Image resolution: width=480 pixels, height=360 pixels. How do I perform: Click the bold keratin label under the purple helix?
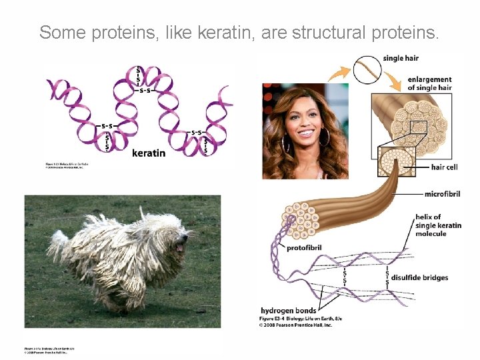(x=149, y=153)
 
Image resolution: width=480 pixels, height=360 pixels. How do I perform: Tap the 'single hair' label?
(x=401, y=59)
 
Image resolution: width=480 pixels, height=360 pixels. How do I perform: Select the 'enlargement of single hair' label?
(x=429, y=83)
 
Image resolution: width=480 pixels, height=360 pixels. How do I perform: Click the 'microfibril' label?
(x=442, y=194)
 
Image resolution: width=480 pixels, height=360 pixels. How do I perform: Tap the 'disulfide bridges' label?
(x=419, y=277)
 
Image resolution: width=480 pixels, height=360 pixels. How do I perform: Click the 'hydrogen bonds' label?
(x=288, y=311)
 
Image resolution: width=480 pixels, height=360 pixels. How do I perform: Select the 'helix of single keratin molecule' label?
(x=437, y=225)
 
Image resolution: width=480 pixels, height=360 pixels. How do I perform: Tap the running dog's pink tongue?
(x=178, y=247)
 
